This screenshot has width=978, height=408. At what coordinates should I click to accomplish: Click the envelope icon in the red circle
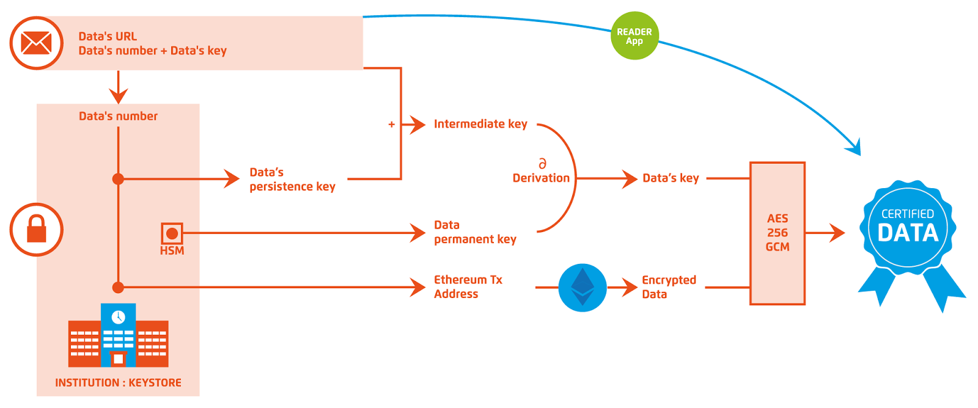(x=36, y=43)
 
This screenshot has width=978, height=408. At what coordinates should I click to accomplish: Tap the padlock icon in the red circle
(x=36, y=229)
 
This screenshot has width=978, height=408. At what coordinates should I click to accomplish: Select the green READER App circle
(x=634, y=36)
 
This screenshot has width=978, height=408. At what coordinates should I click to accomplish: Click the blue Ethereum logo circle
(x=582, y=287)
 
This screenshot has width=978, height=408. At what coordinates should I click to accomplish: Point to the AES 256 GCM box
(x=777, y=233)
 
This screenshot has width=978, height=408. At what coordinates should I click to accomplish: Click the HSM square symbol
(x=172, y=233)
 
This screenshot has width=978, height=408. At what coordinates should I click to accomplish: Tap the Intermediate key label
(x=480, y=124)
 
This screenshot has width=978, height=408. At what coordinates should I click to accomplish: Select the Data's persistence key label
(x=292, y=180)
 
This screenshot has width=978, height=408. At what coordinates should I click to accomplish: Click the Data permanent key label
(x=474, y=232)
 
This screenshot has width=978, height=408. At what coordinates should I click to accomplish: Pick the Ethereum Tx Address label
(x=468, y=286)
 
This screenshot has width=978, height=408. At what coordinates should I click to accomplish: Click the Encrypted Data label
(x=668, y=287)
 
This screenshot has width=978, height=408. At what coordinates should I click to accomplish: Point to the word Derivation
(x=540, y=178)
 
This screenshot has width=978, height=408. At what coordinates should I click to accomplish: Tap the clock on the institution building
(x=118, y=317)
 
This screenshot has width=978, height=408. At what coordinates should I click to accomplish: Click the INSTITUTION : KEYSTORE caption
(x=118, y=383)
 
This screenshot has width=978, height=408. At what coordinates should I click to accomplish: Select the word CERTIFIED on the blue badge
(x=907, y=214)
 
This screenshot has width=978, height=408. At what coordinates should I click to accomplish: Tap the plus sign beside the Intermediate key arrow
(x=391, y=125)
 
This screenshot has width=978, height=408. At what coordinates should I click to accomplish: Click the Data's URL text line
(x=108, y=36)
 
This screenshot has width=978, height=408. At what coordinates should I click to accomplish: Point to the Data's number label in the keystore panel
(x=118, y=116)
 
